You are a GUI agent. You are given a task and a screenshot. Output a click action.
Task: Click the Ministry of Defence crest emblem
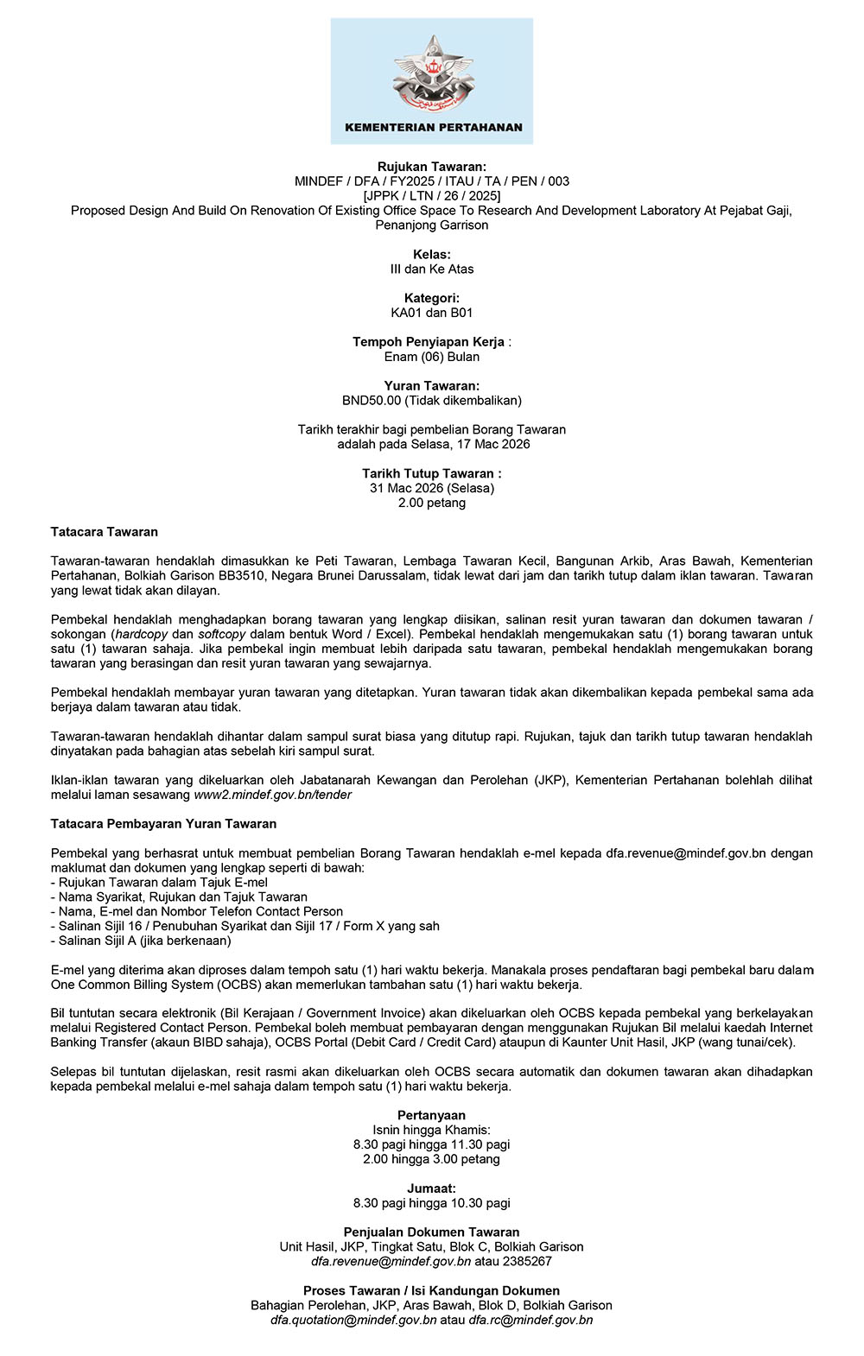[433, 73]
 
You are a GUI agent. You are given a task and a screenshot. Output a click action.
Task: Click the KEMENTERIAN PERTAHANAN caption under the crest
[433, 127]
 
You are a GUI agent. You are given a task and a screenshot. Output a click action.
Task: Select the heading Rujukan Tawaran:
[432, 167]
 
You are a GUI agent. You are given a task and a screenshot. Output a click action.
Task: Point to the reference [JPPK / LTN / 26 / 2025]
[432, 196]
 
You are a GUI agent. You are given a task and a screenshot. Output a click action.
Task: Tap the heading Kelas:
[432, 255]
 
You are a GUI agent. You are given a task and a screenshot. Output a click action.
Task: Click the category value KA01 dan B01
[432, 313]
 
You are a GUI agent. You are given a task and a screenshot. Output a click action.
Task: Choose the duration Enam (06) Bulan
[432, 357]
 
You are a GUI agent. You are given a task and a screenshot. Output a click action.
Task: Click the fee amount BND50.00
[372, 401]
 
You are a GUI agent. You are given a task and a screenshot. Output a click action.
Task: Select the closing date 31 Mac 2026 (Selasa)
[432, 488]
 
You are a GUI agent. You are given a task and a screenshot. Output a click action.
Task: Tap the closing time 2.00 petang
[432, 503]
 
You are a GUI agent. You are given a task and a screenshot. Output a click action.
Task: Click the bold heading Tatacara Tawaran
[105, 532]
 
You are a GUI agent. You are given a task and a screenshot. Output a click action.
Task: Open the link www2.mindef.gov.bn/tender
[272, 795]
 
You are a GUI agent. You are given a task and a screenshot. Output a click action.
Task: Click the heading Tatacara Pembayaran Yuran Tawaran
[163, 824]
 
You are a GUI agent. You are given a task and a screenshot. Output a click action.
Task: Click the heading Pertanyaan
[432, 1116]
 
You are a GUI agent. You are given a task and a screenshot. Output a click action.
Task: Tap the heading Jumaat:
[432, 1188]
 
